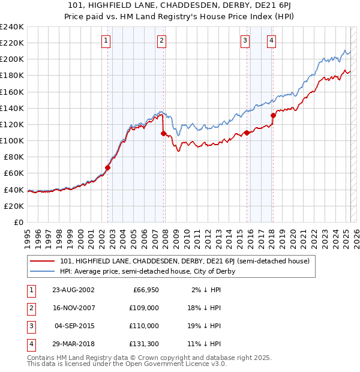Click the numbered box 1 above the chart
click(106, 41)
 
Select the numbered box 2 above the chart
click(162, 41)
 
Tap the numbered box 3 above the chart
click(245, 41)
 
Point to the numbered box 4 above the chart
click(272, 41)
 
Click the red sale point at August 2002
click(108, 167)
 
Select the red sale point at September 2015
click(247, 133)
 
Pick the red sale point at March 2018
click(273, 115)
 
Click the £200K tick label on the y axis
click(11, 59)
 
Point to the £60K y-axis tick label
click(13, 173)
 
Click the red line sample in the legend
click(42, 261)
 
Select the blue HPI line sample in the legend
click(42, 271)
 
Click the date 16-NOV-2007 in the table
click(74, 308)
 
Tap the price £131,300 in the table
click(144, 344)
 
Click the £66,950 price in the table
click(146, 290)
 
